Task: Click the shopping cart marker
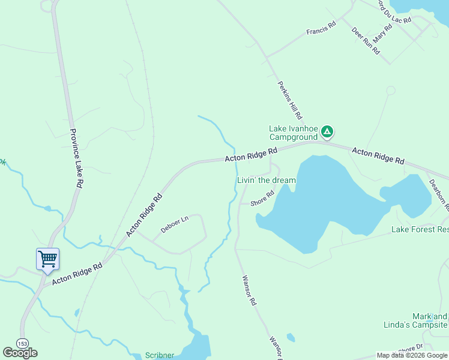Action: click(47, 260)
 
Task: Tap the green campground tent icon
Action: click(327, 131)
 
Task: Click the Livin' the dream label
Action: click(267, 180)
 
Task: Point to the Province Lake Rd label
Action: click(76, 159)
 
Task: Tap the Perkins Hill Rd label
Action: click(289, 99)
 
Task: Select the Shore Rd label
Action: click(262, 199)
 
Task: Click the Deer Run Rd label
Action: click(366, 41)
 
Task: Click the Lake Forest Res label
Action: click(420, 229)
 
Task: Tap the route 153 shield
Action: click(22, 343)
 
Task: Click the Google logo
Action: click(20, 353)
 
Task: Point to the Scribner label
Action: click(160, 355)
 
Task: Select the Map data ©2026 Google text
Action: click(412, 355)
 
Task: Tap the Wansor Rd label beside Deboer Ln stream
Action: click(249, 291)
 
